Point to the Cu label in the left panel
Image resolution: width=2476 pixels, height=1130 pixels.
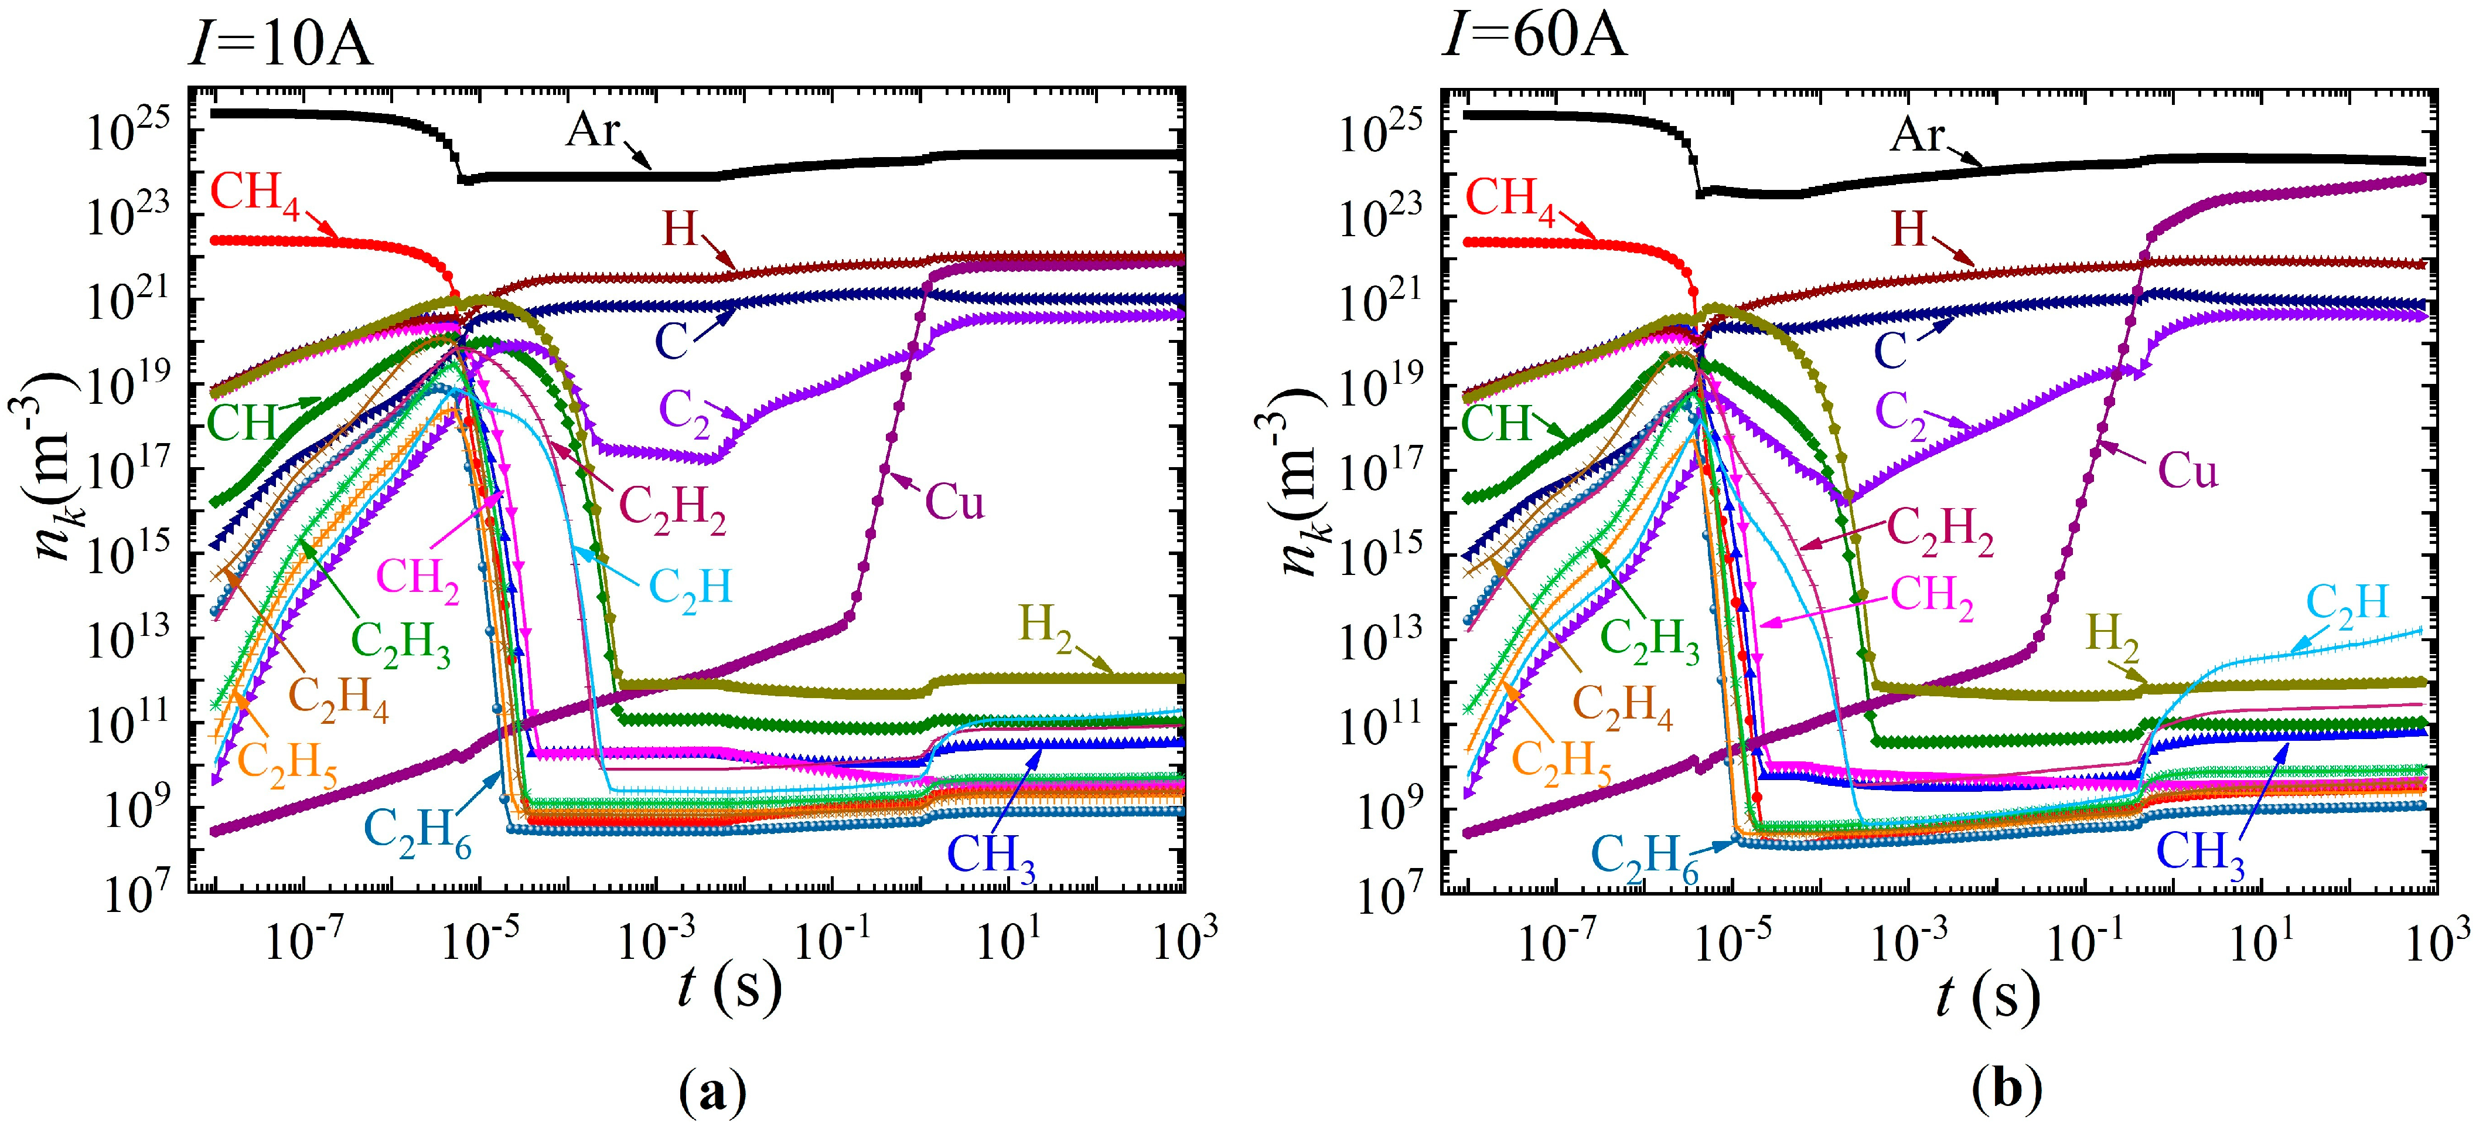click(954, 502)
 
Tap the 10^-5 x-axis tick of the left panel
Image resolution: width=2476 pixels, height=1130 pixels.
click(480, 942)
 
